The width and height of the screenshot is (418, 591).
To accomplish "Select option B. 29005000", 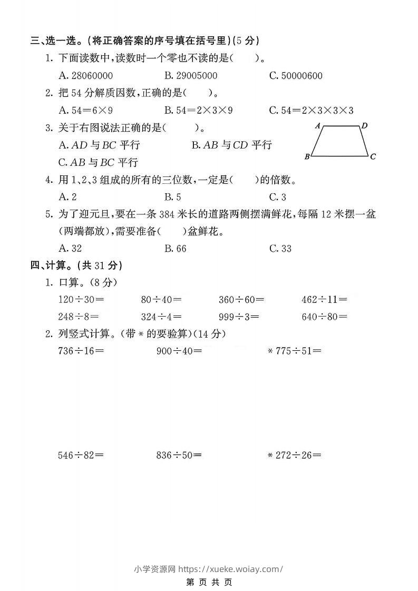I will click(x=191, y=75).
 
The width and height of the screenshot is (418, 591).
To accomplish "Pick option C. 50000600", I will click(x=296, y=75).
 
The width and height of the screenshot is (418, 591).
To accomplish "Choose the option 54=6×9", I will click(x=86, y=110).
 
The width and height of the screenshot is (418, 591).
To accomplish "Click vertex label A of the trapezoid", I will click(x=318, y=126).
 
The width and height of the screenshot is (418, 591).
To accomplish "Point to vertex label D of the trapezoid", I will click(x=364, y=125).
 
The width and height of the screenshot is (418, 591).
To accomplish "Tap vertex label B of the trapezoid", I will click(x=307, y=156).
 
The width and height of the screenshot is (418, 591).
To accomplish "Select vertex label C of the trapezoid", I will click(x=373, y=156).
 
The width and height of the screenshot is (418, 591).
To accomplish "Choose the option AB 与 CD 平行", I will click(x=231, y=145).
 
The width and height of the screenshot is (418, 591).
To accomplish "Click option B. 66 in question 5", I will click(x=176, y=248).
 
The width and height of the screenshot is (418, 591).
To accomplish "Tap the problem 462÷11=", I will click(x=324, y=300).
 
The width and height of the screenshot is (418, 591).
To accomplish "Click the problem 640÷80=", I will click(x=324, y=317).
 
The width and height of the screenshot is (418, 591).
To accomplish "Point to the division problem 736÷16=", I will click(x=81, y=350).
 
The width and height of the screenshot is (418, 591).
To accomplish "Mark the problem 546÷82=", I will click(x=81, y=455).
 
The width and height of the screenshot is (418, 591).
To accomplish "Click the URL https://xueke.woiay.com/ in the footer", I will click(x=231, y=569).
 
